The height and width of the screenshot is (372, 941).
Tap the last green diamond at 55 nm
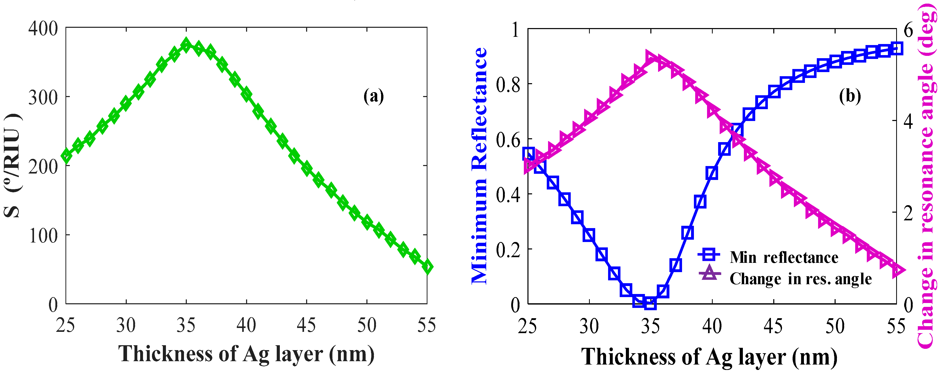click(427, 267)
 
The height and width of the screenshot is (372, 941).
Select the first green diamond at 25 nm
click(66, 156)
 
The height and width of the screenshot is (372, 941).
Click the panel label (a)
click(373, 96)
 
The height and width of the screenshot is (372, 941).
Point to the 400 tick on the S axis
click(43, 29)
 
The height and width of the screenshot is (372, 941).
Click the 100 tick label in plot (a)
click(43, 236)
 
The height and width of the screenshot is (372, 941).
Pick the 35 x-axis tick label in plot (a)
click(186, 325)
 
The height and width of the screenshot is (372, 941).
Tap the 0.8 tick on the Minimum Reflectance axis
click(508, 85)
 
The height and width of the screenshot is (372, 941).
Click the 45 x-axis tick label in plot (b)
click(773, 326)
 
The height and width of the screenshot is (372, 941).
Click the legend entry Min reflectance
click(784, 258)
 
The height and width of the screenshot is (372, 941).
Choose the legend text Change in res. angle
click(800, 279)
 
